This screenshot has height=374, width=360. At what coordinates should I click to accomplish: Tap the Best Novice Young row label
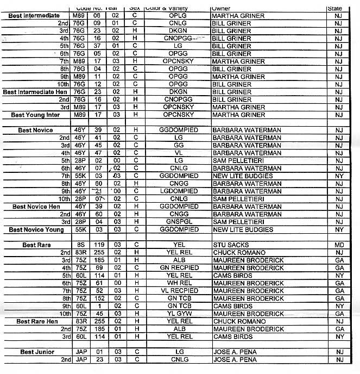click(x=36, y=230)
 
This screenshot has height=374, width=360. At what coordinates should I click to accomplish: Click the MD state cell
click(x=338, y=245)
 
